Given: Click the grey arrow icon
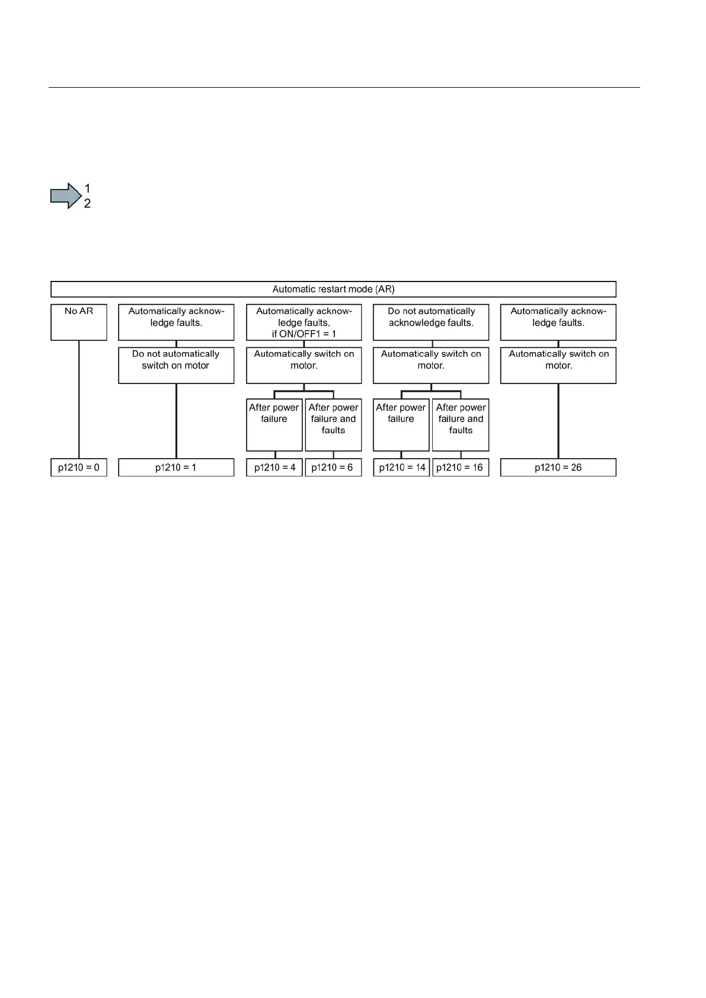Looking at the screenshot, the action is (65, 196).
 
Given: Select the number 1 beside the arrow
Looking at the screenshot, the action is (87, 188).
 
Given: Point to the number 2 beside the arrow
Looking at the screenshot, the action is (87, 204).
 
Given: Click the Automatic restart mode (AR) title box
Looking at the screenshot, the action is (333, 289).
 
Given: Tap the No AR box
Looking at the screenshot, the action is (79, 322).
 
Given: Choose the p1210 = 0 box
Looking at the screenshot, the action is (79, 468).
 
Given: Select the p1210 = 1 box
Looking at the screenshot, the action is (176, 468).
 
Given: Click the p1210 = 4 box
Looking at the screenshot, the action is (274, 468).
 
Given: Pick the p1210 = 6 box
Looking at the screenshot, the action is (333, 468).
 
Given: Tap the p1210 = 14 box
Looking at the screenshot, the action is (401, 468).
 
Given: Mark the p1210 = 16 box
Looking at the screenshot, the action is (461, 468).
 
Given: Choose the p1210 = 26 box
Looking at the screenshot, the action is (558, 468).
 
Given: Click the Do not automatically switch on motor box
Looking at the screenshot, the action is (176, 365).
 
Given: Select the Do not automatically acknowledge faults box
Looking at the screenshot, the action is (431, 322).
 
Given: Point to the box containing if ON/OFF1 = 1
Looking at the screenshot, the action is (304, 322).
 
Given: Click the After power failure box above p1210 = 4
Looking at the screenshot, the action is (274, 424).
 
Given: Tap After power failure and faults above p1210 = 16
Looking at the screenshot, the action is (461, 424).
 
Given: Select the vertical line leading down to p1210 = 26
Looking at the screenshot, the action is (558, 421).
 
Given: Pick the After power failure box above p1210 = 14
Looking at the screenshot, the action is (401, 424).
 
